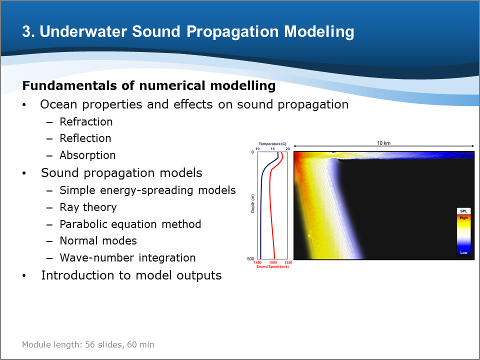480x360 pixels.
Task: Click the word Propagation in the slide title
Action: coord(232,32)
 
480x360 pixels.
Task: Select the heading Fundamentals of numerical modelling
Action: coord(149,85)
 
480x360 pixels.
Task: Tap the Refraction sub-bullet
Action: coord(86,122)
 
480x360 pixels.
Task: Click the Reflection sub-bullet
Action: coord(85,138)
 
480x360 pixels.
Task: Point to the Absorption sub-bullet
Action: coord(87,155)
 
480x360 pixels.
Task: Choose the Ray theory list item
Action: coord(88,207)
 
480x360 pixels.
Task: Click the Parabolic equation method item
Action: coord(130,224)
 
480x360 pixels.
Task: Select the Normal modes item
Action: coord(98,241)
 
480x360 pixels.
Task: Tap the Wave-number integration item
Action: coord(127,258)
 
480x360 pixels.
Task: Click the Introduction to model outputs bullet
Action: coord(131,275)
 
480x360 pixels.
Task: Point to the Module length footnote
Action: coord(88,344)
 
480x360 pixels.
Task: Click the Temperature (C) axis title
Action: coord(272,144)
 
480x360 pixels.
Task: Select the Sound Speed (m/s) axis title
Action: coord(272,266)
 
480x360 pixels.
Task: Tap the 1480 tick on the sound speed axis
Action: coord(258,262)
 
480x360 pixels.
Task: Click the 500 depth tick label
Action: coord(250,259)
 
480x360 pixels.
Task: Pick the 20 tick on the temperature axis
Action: coord(288,149)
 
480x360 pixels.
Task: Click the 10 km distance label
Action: coord(384,143)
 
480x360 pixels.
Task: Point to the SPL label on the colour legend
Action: coord(464,211)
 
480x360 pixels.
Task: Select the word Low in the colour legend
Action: coord(464,252)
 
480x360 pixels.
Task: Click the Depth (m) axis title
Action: coord(252,204)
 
